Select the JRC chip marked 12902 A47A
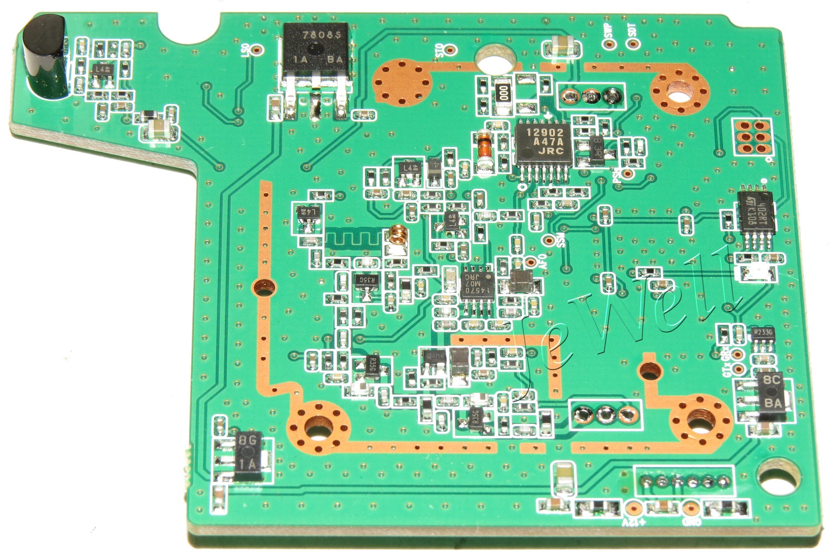click(543, 143)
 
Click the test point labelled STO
click(451, 50)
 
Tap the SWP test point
click(609, 44)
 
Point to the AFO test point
click(531, 262)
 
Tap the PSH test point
click(628, 173)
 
